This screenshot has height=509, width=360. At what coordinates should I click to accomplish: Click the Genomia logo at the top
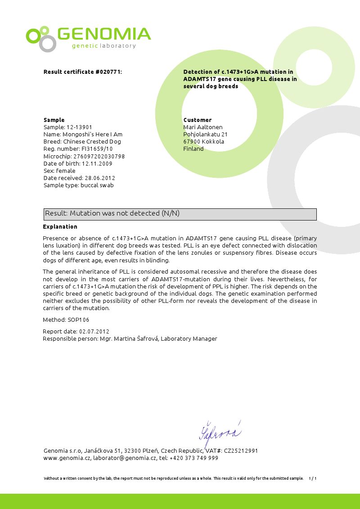click(88, 38)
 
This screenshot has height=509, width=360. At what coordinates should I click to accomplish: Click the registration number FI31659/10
click(97, 149)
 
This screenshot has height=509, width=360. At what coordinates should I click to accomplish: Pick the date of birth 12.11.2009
click(97, 164)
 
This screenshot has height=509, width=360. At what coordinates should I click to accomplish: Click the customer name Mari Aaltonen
click(203, 127)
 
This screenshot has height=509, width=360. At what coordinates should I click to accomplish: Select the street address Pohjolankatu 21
click(206, 135)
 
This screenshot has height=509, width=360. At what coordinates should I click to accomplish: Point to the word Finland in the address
click(193, 149)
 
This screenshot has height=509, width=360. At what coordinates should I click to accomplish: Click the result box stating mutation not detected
click(180, 214)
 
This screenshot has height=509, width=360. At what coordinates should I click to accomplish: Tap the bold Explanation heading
click(60, 227)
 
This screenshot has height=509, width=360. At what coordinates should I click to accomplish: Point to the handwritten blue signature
click(220, 433)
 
